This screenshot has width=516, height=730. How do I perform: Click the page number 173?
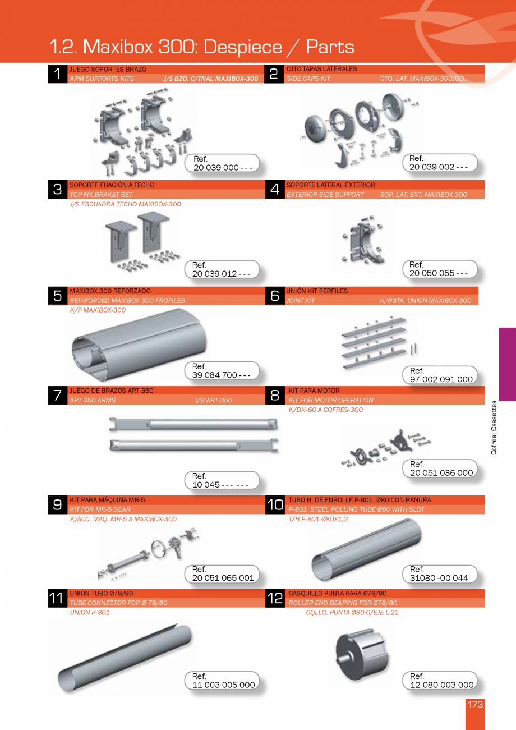(x=474, y=704)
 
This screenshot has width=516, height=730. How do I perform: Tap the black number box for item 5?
(x=57, y=296)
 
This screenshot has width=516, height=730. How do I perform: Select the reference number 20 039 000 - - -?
(x=223, y=168)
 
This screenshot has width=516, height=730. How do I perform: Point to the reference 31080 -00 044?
(x=439, y=578)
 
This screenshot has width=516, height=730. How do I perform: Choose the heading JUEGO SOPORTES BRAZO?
(x=108, y=69)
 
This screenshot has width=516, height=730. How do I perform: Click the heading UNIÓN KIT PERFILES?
(x=317, y=291)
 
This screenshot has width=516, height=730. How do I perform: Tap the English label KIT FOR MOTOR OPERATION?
(x=330, y=400)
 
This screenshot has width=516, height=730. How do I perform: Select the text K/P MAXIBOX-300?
(x=98, y=310)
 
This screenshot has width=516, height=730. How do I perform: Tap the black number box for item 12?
(x=275, y=598)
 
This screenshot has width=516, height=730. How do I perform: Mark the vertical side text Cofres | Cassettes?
(x=494, y=428)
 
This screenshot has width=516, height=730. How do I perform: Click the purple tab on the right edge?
(x=506, y=364)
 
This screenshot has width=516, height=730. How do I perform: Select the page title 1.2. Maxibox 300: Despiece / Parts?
(x=202, y=47)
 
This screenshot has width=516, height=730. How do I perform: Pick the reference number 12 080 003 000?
(x=441, y=685)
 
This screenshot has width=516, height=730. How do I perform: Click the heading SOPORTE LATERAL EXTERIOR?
(x=330, y=185)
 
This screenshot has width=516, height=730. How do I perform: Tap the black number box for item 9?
(x=57, y=504)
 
